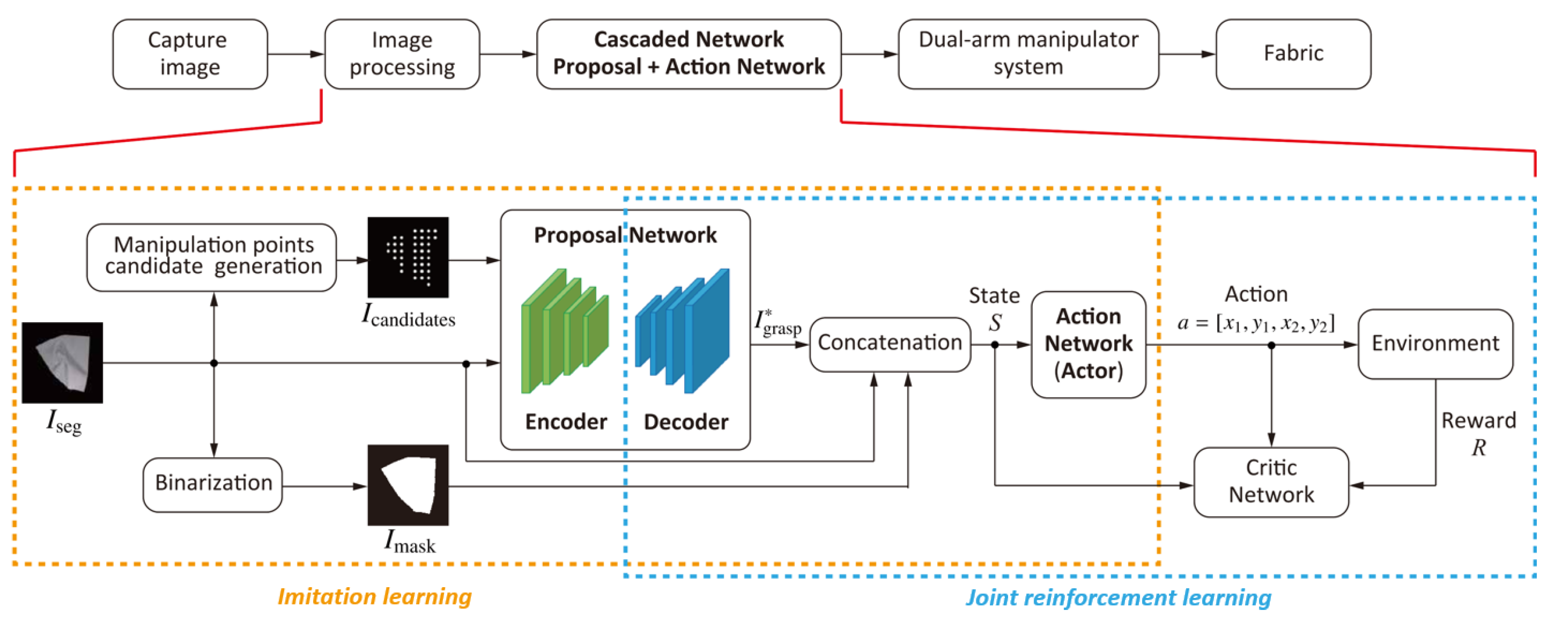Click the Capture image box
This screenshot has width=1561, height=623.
tap(190, 54)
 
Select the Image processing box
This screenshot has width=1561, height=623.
tap(402, 54)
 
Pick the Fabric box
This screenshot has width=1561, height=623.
tap(1293, 54)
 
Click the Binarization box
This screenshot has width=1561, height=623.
tap(213, 484)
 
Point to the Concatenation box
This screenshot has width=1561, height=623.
tap(890, 343)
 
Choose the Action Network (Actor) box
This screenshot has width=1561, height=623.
tap(1088, 344)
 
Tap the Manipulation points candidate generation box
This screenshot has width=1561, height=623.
tap(211, 257)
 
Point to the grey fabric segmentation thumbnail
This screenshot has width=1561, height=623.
tap(62, 362)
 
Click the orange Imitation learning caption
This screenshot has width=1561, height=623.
tap(375, 596)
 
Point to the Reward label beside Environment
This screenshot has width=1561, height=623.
tap(1478, 420)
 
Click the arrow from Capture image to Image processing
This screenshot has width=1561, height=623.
tap(296, 54)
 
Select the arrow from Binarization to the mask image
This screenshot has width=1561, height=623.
tap(324, 486)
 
